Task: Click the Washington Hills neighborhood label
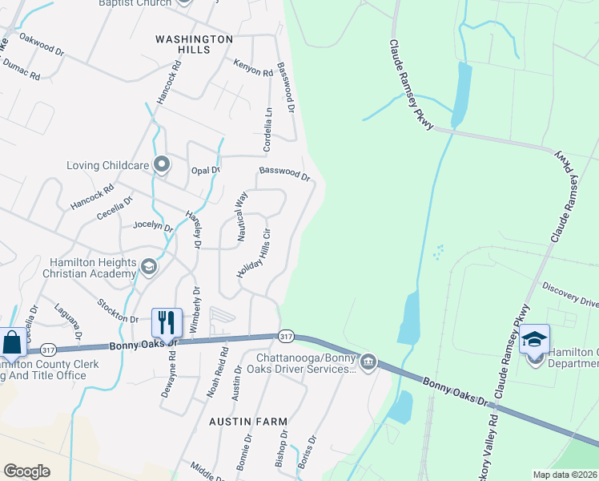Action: coord(194,43)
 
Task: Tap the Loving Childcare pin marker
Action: coord(163,165)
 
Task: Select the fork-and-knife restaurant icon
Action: coord(167,322)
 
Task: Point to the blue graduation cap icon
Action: coord(534,338)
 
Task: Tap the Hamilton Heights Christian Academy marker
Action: coord(148,266)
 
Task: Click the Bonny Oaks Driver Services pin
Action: coord(368,362)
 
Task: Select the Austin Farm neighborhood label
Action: coord(247,421)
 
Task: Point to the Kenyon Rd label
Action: coord(253,71)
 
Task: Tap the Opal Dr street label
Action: coord(205,170)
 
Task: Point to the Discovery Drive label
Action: coord(569,294)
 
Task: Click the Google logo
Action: coord(26,471)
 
